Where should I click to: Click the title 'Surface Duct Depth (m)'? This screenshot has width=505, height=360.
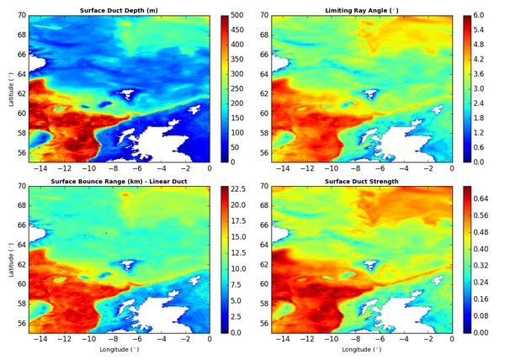click(x=119, y=8)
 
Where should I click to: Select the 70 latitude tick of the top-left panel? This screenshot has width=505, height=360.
click(x=21, y=16)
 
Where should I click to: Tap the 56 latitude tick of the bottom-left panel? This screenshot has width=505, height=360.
click(x=21, y=323)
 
